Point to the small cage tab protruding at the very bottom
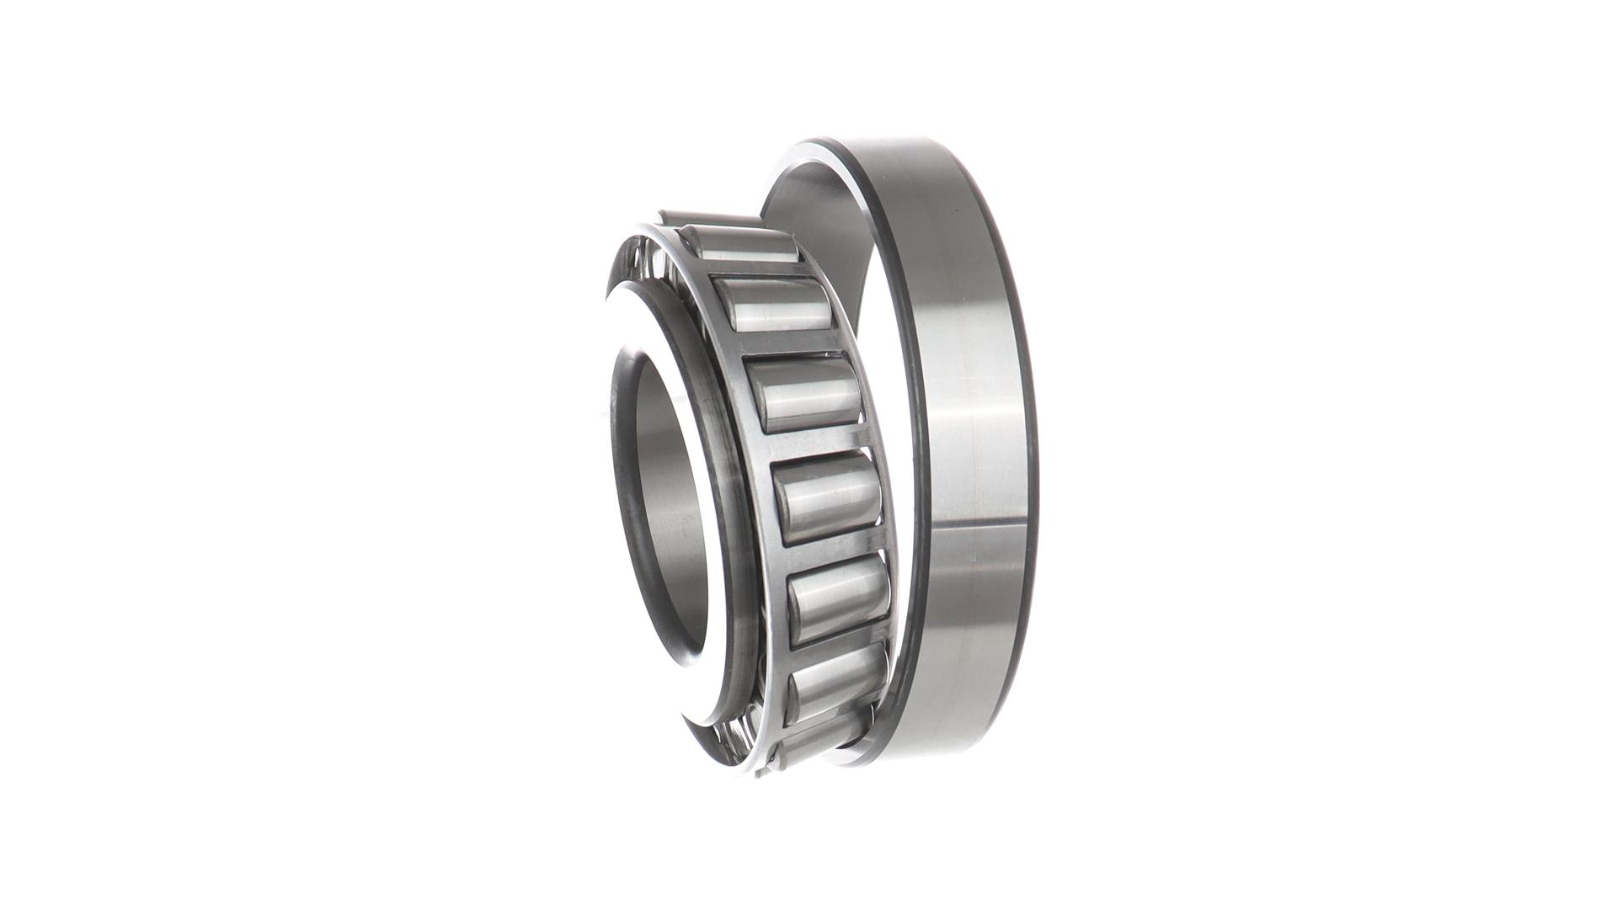(x=763, y=771)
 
